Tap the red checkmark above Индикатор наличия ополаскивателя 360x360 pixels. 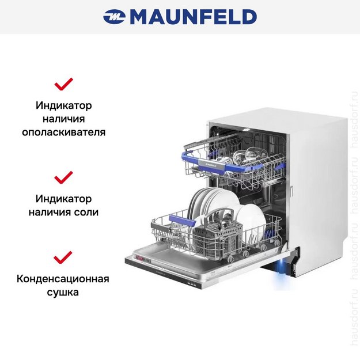pyautogui.click(x=63, y=84)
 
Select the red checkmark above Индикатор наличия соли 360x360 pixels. pyautogui.click(x=63, y=176)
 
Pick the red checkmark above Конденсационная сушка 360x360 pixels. pyautogui.click(x=63, y=257)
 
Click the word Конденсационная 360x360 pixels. pyautogui.click(x=63, y=279)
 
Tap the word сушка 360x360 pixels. pyautogui.click(x=63, y=293)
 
